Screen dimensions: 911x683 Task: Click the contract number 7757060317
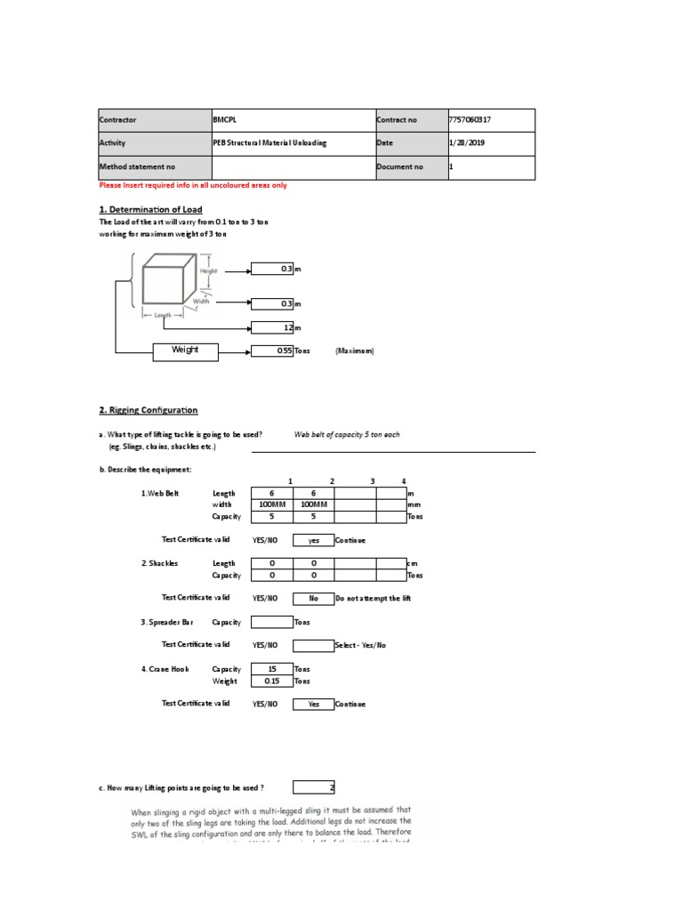[x=471, y=120]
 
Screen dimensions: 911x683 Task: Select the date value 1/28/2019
[x=466, y=143]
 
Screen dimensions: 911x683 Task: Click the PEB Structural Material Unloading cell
[x=270, y=143]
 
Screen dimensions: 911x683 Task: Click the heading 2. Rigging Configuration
[x=148, y=410]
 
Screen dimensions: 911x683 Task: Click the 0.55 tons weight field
[x=272, y=351]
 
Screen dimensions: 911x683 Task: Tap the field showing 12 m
[x=272, y=327]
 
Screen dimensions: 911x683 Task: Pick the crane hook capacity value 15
[x=271, y=669]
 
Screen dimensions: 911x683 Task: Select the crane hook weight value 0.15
[x=271, y=681]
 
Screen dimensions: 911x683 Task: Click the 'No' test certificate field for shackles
[x=313, y=598]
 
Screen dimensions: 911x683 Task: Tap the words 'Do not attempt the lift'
[x=374, y=598]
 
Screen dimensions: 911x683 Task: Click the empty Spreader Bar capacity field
[x=271, y=622]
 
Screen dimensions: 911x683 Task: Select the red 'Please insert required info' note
[x=193, y=185]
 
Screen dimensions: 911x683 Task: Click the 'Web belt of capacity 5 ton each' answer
[x=348, y=435]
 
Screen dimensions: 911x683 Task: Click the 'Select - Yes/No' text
[x=361, y=645]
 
